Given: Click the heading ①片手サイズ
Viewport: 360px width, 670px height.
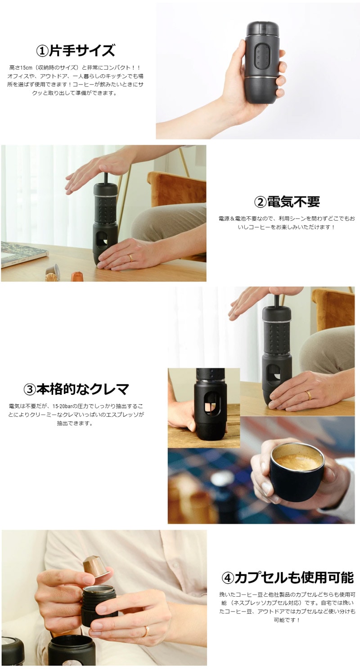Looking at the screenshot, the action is (75, 50).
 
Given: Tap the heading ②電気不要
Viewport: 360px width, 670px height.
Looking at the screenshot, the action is (287, 201).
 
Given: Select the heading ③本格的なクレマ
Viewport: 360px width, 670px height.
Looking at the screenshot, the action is (76, 389).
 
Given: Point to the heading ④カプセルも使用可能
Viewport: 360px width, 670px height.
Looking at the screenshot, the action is (287, 577).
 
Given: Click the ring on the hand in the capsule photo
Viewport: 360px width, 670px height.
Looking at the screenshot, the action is (146, 623).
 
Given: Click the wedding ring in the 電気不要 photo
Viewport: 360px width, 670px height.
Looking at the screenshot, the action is (130, 258).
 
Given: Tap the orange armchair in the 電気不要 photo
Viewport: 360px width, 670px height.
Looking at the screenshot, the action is (176, 192).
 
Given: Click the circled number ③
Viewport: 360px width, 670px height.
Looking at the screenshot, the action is (30, 389).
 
